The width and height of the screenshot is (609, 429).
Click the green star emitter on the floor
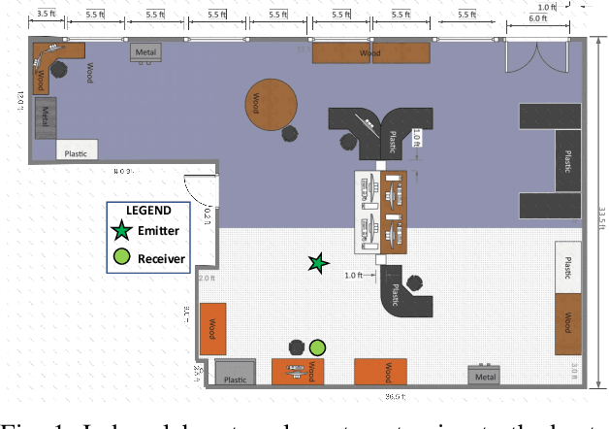point(317,263)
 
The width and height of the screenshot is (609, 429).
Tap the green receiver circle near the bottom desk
point(318,346)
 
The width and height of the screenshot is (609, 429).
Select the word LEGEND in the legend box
point(148,211)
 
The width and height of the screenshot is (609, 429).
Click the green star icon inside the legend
point(120,231)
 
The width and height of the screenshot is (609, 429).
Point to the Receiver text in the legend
point(161,258)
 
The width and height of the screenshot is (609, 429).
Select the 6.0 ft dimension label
point(538,18)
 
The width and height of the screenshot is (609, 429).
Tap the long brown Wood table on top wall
point(369,52)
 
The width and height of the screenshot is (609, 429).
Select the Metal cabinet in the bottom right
point(486,376)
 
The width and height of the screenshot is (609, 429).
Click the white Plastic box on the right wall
point(567,264)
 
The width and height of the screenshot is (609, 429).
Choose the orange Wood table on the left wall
point(212,328)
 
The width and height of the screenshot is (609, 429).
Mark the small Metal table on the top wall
point(146,52)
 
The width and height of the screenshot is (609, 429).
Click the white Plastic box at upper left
point(77,151)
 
